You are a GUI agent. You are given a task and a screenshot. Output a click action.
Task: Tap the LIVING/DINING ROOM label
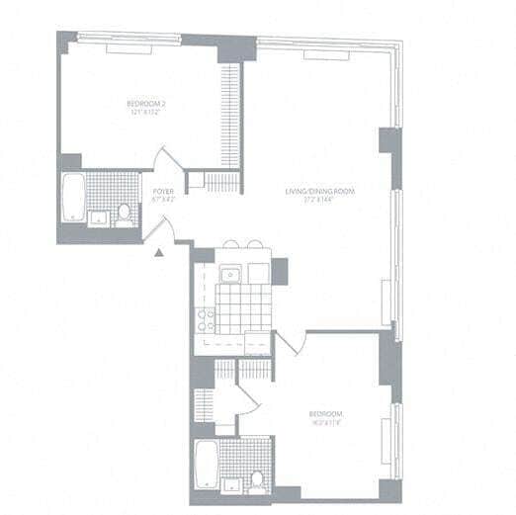(319, 191)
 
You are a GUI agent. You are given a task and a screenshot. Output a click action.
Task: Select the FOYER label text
(163, 191)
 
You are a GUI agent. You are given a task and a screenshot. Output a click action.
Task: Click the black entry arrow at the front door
(158, 253)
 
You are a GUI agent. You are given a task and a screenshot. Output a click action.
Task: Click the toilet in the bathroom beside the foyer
(125, 213)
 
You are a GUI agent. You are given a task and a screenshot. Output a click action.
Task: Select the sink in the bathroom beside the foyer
(98, 216)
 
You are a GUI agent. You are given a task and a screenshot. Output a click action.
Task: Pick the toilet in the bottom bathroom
(255, 478)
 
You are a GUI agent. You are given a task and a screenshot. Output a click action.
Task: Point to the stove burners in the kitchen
(207, 318)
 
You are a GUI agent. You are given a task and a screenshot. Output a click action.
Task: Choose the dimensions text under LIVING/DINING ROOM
(319, 200)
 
